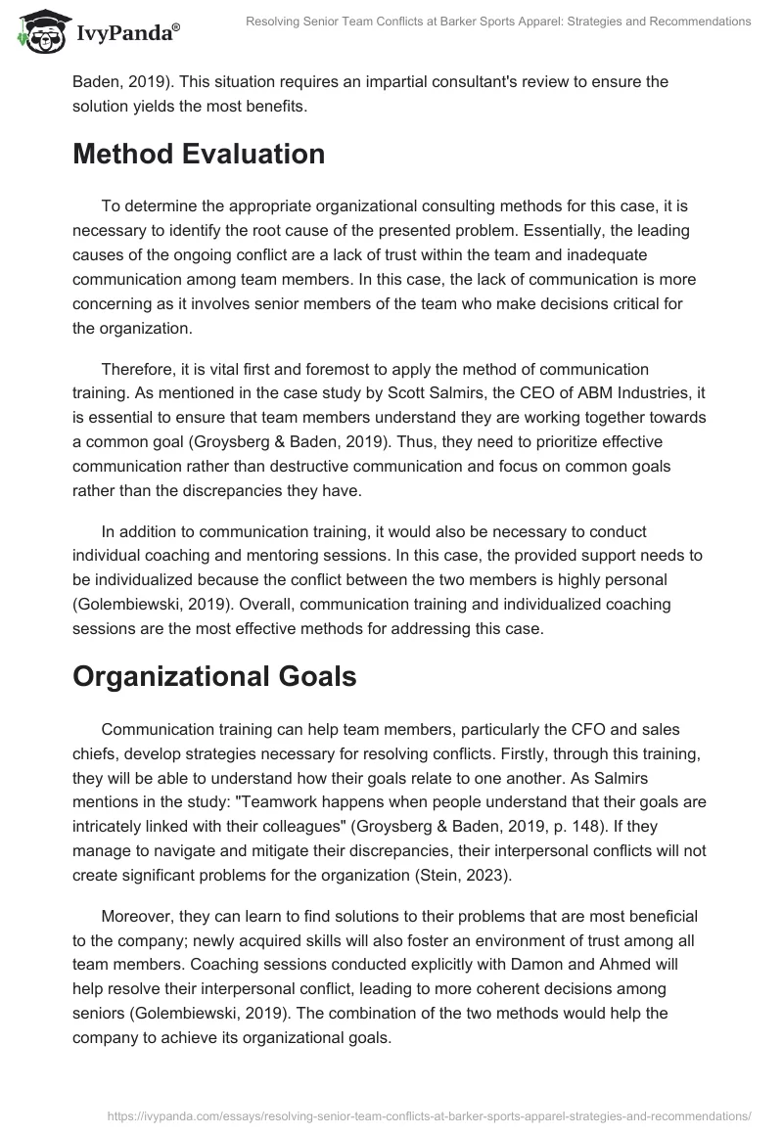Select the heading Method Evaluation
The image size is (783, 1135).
(x=199, y=154)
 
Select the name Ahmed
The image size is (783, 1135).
(x=598, y=962)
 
